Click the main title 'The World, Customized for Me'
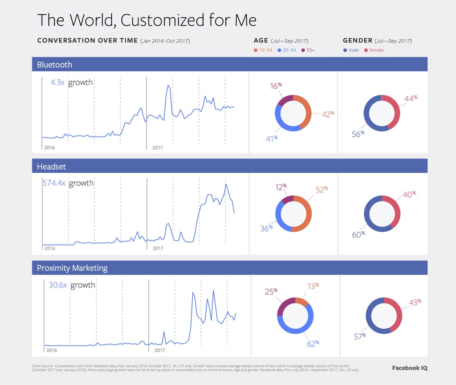click(147, 20)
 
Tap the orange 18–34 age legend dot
click(255, 50)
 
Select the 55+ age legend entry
click(308, 50)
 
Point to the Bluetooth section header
click(54, 65)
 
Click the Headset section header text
click(52, 166)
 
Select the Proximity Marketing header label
click(72, 268)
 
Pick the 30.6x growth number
click(57, 285)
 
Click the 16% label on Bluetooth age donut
click(276, 86)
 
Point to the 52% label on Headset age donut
click(322, 189)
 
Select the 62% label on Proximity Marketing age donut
click(313, 344)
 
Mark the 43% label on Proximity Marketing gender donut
click(415, 302)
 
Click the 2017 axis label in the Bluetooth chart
click(158, 147)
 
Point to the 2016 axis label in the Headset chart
click(49, 248)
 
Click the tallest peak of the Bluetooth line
click(168, 85)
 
